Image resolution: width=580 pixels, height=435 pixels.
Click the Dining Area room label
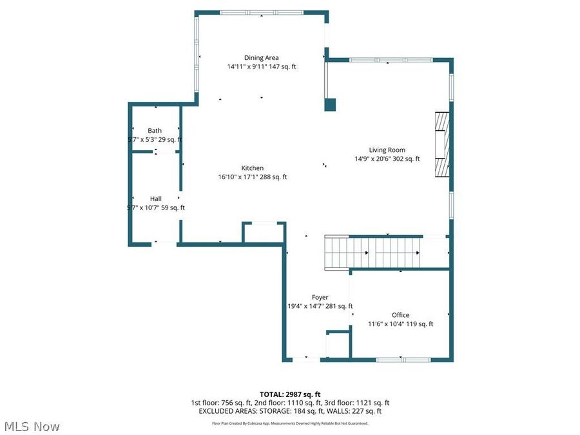261,57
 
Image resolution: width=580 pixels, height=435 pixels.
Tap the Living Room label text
387,150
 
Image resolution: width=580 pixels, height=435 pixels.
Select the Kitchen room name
253,168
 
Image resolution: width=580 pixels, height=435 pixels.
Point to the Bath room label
155,131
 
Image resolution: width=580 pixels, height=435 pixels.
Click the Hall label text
156,198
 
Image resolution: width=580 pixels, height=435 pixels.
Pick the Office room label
400,315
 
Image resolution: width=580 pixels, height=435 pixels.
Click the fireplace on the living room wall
441,144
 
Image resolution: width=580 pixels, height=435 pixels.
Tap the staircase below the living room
372,252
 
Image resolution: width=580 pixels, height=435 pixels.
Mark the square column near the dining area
330,104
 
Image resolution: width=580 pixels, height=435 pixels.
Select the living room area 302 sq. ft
405,159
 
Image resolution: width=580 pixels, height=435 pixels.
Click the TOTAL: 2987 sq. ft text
289,394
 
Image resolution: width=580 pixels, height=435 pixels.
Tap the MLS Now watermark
32,427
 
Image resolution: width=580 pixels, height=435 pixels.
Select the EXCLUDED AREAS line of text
289,411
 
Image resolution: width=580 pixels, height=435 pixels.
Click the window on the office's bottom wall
400,358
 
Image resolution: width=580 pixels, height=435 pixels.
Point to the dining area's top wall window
261,12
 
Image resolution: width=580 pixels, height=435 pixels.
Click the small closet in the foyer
337,344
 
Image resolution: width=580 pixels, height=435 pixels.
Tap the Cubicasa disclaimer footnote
289,423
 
